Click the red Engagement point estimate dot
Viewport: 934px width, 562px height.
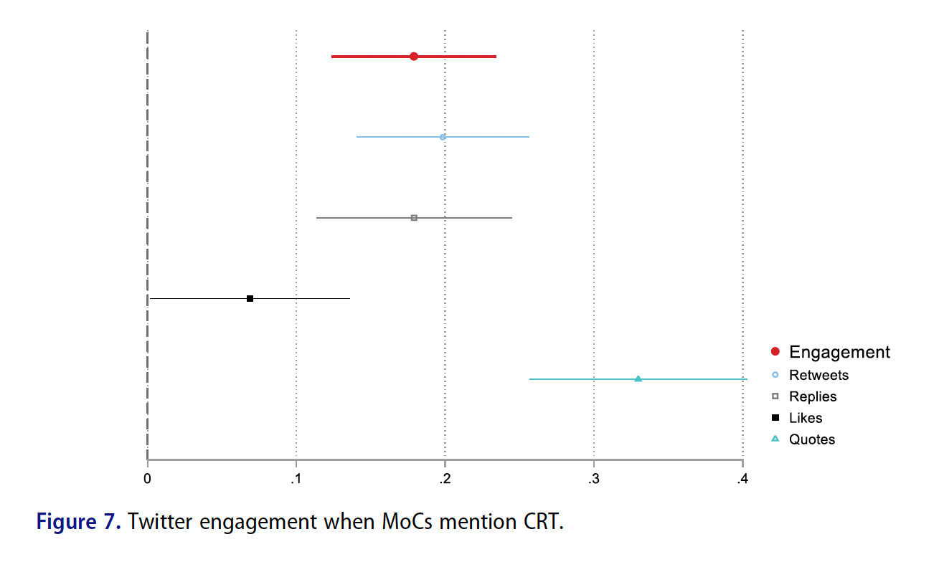pos(414,57)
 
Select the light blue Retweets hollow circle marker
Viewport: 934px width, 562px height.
pos(443,137)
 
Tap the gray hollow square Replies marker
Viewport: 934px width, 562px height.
pos(414,217)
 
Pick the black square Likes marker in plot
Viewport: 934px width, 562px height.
pos(250,298)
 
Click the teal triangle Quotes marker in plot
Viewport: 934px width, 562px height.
pos(638,378)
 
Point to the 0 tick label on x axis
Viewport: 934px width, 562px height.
pos(147,479)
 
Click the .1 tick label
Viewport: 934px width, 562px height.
pos(296,479)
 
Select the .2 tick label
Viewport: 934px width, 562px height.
pos(445,479)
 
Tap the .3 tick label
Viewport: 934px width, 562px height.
pos(593,479)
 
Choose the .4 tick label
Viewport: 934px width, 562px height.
pos(742,479)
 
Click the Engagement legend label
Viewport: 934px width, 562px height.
pos(839,352)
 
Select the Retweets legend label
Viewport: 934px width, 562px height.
pos(819,375)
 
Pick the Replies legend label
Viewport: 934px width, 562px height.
pos(813,396)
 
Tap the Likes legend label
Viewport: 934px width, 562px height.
pos(806,418)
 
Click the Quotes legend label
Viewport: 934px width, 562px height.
pos(812,439)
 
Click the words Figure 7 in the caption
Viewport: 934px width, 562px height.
pos(79,521)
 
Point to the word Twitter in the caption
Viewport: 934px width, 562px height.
pos(160,521)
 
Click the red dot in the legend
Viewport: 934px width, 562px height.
pos(775,352)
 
